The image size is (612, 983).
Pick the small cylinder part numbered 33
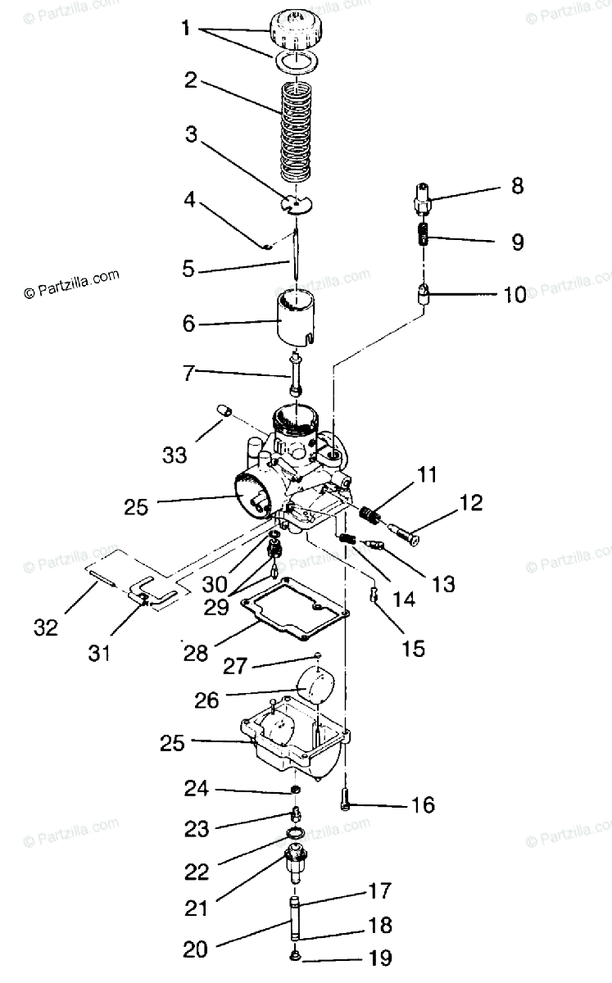tap(224, 410)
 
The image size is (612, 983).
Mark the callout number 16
tap(423, 804)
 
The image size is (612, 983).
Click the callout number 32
tap(46, 627)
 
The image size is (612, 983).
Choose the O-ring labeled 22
tap(297, 835)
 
